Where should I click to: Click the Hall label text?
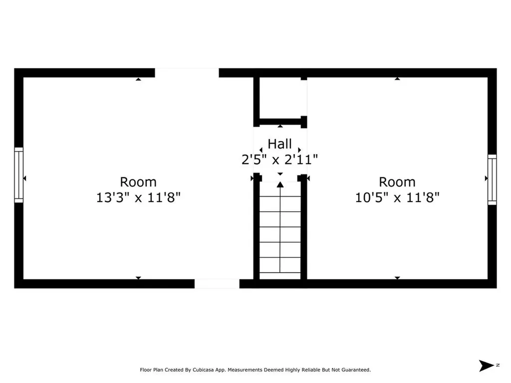[x=279, y=144]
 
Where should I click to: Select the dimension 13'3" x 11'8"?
[x=138, y=197]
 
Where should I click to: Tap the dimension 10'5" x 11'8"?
[x=397, y=197]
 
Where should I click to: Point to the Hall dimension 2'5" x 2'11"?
[x=279, y=159]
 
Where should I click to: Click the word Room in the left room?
[x=138, y=182]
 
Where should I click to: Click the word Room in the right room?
[x=397, y=182]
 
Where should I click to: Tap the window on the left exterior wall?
[x=18, y=175]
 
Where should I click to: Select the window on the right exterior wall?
[x=492, y=180]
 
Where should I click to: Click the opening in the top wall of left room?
[x=187, y=73]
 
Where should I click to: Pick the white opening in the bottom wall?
[x=217, y=284]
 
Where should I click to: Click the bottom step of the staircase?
[x=280, y=276]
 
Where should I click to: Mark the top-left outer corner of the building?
[x=15, y=69]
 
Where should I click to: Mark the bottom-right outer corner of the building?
[x=496, y=287]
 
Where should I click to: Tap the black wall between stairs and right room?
[x=303, y=229]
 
